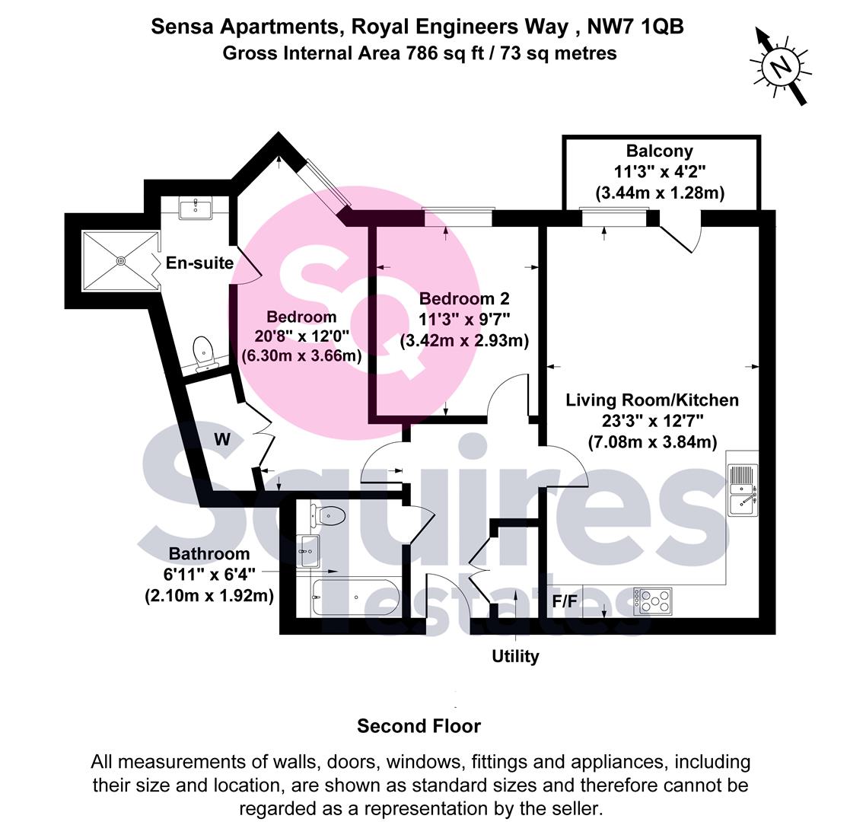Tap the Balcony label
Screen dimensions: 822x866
(659, 151)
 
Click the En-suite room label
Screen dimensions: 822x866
(199, 263)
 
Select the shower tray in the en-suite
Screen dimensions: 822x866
(120, 260)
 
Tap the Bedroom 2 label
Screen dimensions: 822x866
(463, 298)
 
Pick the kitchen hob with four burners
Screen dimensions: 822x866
(653, 601)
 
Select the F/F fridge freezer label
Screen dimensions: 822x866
(565, 601)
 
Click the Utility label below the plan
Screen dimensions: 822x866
(515, 656)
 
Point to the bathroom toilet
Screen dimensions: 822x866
(326, 516)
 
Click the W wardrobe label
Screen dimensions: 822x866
(222, 439)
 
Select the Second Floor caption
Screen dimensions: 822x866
(419, 726)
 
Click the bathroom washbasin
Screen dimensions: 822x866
(310, 550)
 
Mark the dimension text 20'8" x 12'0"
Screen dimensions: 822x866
(301, 336)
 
